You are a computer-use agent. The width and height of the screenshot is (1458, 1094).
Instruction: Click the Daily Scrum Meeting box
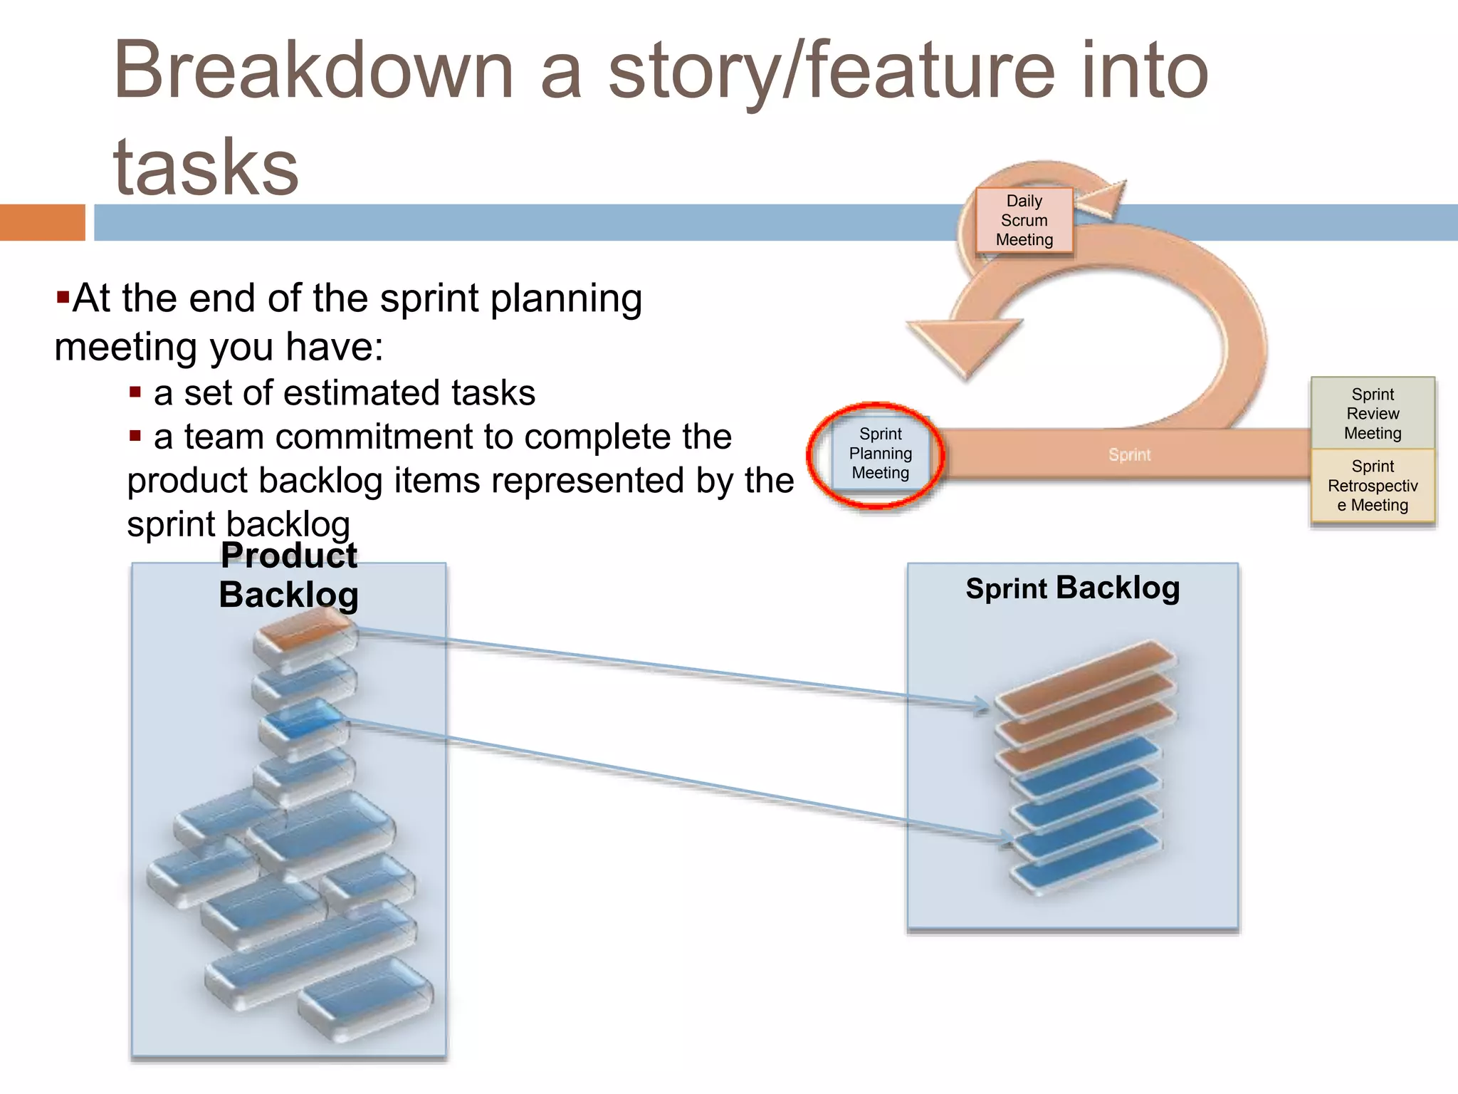tap(1024, 220)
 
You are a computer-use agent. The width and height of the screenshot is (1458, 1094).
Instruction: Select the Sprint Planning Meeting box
tap(880, 454)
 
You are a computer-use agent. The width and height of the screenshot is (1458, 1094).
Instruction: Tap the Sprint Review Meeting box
tap(1372, 414)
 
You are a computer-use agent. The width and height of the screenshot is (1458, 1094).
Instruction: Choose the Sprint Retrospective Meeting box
tap(1372, 486)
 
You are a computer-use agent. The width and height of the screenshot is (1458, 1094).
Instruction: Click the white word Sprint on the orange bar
tap(1129, 454)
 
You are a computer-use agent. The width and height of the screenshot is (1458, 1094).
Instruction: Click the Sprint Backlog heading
tap(1072, 588)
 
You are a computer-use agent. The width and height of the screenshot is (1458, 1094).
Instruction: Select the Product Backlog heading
tap(288, 575)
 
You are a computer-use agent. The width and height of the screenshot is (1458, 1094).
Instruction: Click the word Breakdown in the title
tap(313, 71)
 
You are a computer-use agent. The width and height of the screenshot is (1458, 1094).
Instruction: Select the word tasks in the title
tap(206, 168)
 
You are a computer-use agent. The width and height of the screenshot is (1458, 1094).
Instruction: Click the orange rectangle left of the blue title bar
tap(42, 222)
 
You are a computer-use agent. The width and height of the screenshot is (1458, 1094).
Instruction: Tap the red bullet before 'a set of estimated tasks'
tap(135, 392)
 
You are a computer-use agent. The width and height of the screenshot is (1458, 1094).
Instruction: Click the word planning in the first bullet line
tap(566, 298)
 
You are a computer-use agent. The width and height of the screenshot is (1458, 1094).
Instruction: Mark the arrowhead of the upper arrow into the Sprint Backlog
tap(983, 706)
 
